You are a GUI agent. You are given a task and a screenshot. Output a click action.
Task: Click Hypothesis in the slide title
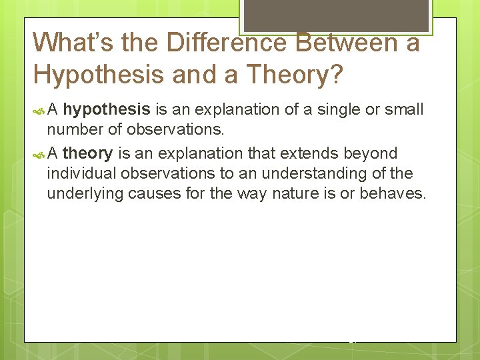pos(99,75)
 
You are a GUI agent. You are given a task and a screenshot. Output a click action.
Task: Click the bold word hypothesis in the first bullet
pos(106,109)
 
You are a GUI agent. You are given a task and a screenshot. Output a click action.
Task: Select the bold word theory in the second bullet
pos(87,153)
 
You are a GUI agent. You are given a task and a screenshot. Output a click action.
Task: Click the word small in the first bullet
pos(406,109)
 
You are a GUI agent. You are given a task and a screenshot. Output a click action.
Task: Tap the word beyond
pos(373,153)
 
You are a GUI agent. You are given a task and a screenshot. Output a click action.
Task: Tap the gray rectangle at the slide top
pos(336,15)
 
